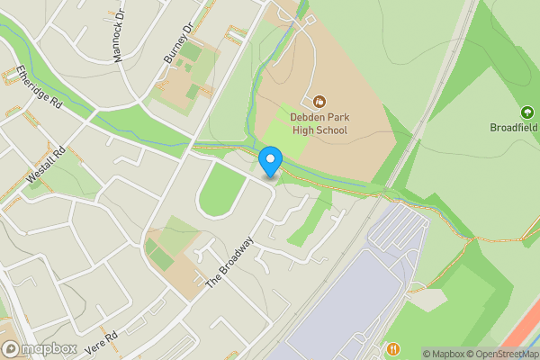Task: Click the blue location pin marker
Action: (270, 162)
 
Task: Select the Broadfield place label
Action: (514, 127)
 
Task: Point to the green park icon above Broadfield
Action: (526, 112)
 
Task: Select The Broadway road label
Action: (231, 263)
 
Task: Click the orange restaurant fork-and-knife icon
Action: (393, 348)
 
